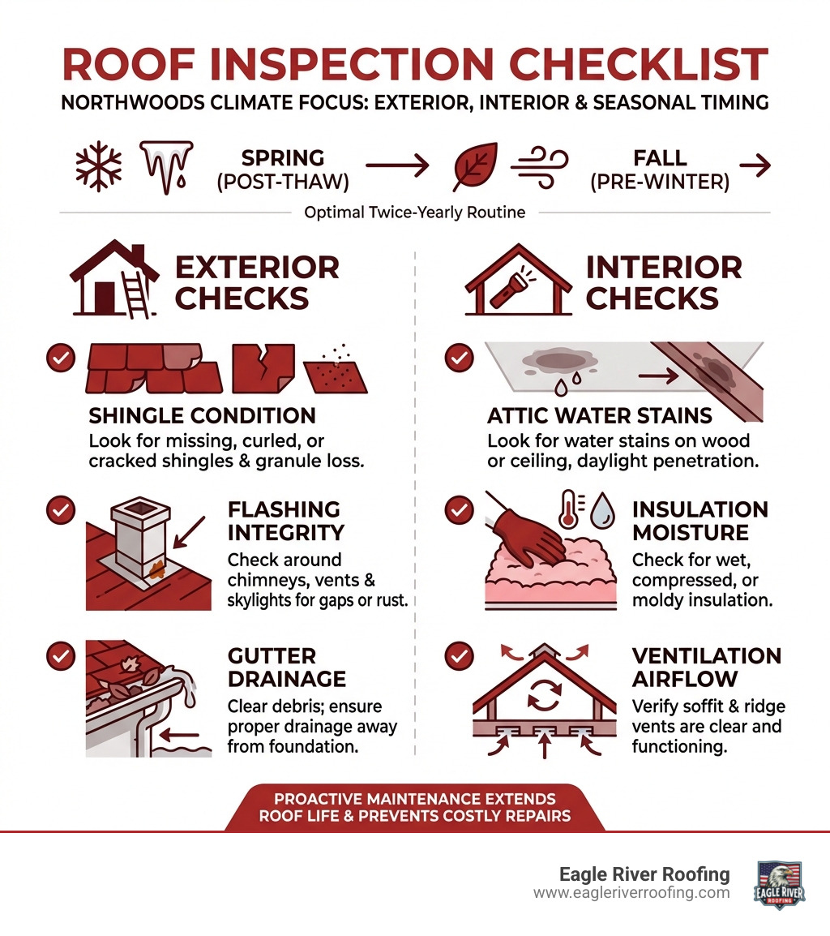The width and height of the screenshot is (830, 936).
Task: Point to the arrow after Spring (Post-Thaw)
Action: pyautogui.click(x=396, y=167)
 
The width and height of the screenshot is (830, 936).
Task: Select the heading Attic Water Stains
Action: pyautogui.click(x=600, y=416)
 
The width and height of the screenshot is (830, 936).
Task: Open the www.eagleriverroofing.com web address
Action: pyautogui.click(x=631, y=893)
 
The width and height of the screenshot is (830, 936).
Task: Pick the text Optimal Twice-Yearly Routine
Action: pyautogui.click(x=414, y=213)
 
